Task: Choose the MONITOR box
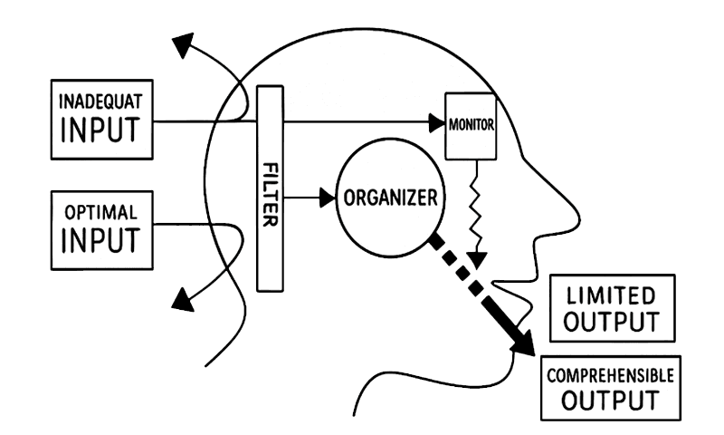[471, 124]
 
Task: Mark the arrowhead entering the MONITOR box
[437, 119]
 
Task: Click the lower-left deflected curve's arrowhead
[185, 296]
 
